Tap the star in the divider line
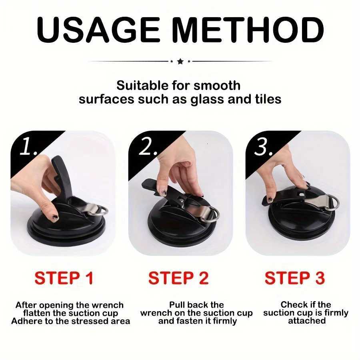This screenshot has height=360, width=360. coord(180,61)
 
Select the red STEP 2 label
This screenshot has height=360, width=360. coord(178,278)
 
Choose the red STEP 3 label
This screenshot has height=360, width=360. coord(295,278)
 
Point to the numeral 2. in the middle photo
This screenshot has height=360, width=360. coord(147,148)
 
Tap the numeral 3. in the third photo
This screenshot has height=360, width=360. coord(264,148)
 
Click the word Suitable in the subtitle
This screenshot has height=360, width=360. coord(140,86)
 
